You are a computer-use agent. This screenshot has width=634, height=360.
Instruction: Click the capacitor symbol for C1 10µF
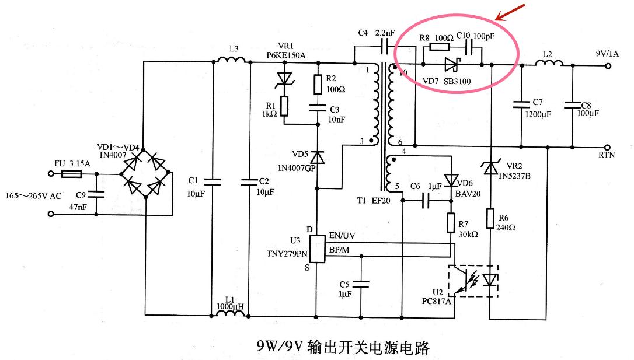point(213,182)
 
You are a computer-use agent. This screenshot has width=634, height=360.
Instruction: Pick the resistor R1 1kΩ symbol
point(285,106)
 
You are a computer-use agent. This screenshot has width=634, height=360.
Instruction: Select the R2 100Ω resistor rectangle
point(318,85)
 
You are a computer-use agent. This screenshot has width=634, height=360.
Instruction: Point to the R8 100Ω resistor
point(439,48)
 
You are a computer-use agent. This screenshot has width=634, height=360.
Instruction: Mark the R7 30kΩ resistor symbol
point(451,222)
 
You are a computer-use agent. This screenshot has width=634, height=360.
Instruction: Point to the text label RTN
point(607,156)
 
